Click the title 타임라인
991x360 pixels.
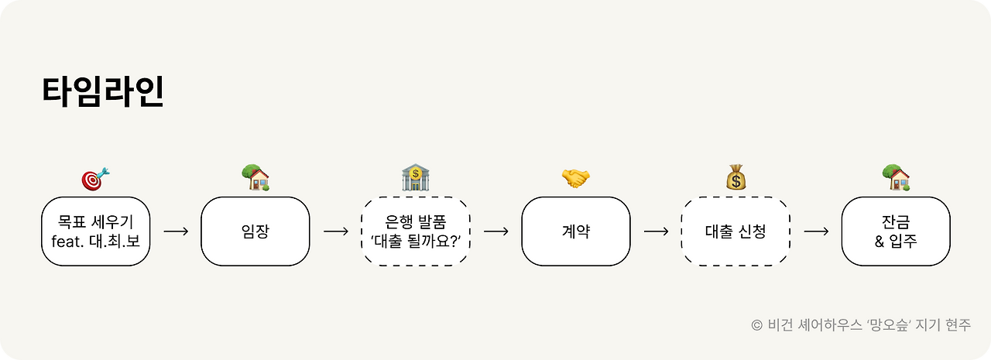(x=102, y=91)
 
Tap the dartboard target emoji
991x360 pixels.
(x=95, y=179)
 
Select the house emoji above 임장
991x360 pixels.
(x=255, y=178)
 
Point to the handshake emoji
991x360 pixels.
(x=575, y=179)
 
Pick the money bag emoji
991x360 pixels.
(x=736, y=178)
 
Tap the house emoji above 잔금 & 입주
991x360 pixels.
(x=896, y=178)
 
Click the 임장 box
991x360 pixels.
(x=255, y=231)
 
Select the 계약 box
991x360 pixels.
(x=575, y=231)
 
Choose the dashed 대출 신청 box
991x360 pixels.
(x=736, y=231)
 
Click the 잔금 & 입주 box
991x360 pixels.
(x=896, y=231)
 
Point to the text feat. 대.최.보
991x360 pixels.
(x=95, y=240)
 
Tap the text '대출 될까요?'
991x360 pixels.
(x=416, y=240)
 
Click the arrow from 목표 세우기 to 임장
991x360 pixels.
(x=176, y=231)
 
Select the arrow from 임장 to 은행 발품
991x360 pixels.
(x=335, y=231)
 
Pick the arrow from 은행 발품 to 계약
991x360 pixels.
(x=495, y=231)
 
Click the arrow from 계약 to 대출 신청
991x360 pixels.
(x=656, y=231)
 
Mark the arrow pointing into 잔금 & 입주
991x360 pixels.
(x=816, y=231)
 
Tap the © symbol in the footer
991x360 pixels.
(x=756, y=325)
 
